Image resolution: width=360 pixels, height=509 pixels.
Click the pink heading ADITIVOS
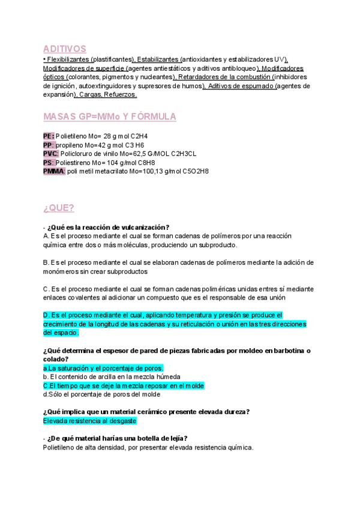click(x=65, y=49)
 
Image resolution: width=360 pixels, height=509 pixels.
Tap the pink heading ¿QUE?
click(x=59, y=208)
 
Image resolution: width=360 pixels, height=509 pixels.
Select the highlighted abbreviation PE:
click(x=49, y=136)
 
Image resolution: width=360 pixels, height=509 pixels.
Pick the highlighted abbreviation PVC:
click(x=51, y=154)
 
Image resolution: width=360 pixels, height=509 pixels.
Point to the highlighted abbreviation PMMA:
click(x=54, y=171)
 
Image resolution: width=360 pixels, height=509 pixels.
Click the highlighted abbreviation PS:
click(x=49, y=163)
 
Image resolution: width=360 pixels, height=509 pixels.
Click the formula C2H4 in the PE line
click(x=138, y=136)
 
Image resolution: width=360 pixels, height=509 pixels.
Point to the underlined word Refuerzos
click(x=120, y=94)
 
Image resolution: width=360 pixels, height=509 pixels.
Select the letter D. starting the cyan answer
click(x=46, y=315)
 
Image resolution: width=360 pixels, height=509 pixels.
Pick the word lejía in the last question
click(x=175, y=438)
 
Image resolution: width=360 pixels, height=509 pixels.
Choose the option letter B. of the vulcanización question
click(x=46, y=262)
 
